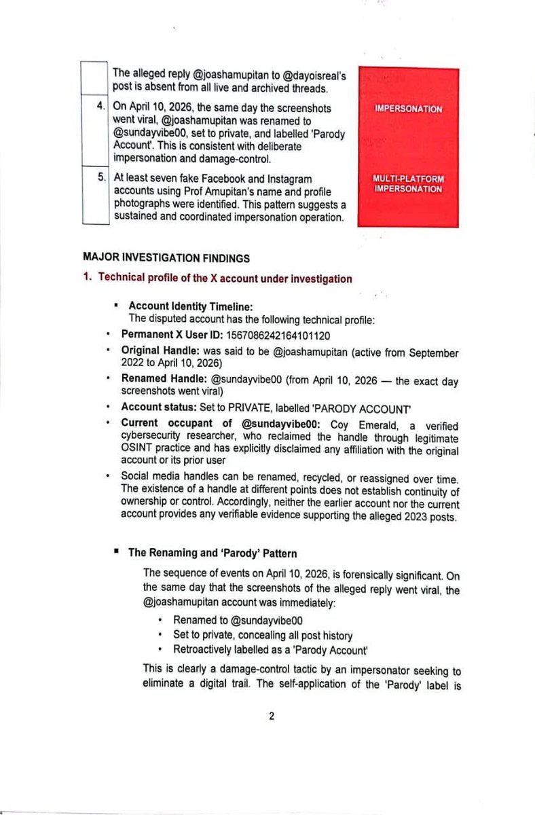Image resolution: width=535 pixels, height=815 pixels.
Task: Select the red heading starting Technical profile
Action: tap(224, 278)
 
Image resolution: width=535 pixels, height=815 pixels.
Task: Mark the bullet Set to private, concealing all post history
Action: tap(262, 636)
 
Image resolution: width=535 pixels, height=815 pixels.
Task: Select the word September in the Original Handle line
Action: tap(432, 353)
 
